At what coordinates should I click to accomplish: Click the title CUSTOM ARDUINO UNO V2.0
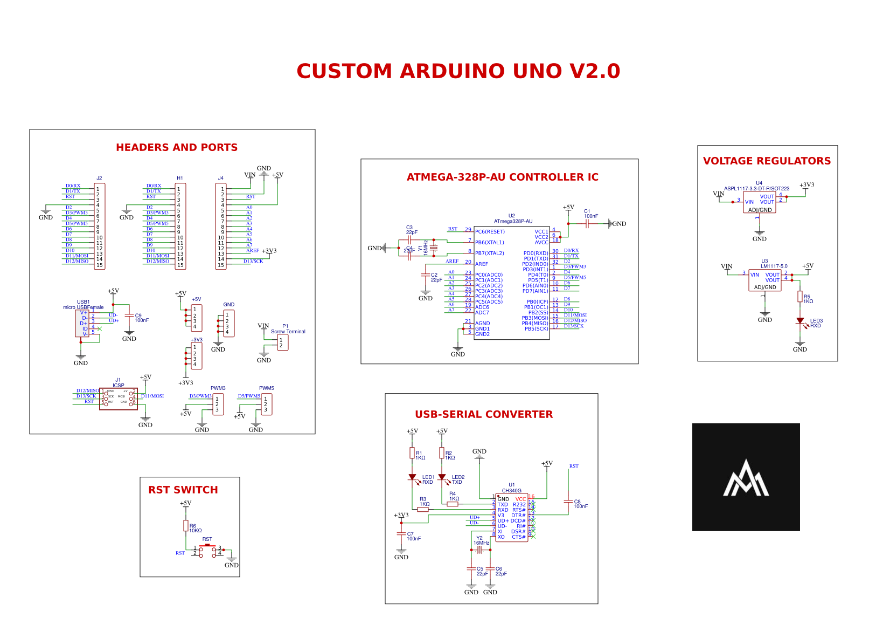(x=458, y=71)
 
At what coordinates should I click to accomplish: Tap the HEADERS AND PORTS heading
(x=177, y=147)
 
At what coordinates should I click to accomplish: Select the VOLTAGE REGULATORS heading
(x=767, y=161)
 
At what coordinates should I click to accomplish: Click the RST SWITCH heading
(x=183, y=490)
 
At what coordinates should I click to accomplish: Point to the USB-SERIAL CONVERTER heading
(x=484, y=414)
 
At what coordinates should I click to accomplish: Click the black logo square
(x=746, y=477)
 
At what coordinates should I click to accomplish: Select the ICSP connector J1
(x=119, y=399)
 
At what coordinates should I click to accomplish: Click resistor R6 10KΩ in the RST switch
(x=186, y=526)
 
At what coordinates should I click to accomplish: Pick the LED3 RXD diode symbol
(x=800, y=321)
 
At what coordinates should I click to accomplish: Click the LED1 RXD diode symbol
(x=412, y=477)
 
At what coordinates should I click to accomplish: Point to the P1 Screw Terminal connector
(x=282, y=342)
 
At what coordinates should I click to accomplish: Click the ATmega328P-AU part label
(x=513, y=221)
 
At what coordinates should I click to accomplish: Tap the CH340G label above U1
(x=511, y=491)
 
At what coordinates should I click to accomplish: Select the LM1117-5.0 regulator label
(x=774, y=266)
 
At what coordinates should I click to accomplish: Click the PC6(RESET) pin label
(x=490, y=232)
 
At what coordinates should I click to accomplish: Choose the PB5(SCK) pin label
(x=536, y=329)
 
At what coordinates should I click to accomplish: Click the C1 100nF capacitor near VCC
(x=587, y=224)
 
